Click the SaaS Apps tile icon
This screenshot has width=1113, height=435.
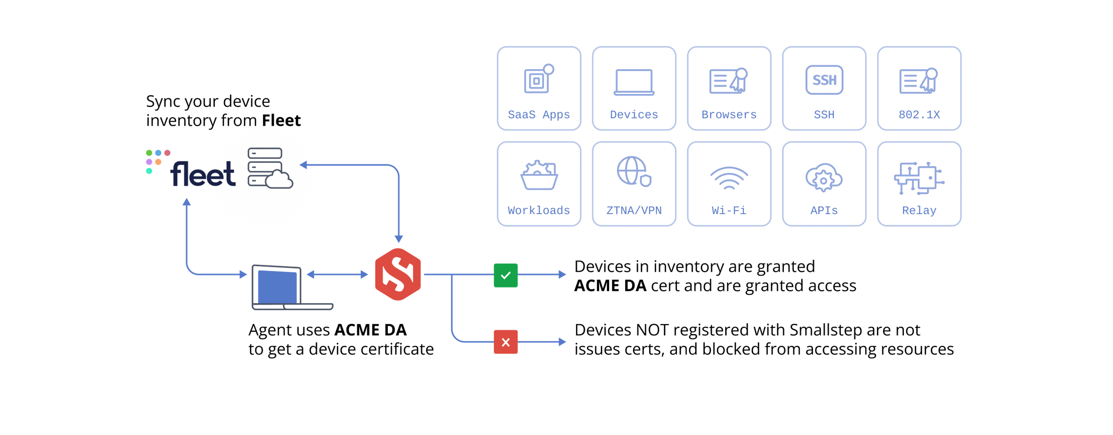click(538, 79)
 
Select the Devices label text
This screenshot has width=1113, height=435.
click(634, 115)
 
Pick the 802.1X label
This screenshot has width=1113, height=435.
click(919, 115)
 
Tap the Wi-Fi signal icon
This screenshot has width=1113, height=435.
click(729, 178)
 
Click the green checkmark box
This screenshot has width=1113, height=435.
click(505, 275)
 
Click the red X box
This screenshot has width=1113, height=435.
click(505, 342)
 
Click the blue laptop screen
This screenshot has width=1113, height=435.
click(277, 286)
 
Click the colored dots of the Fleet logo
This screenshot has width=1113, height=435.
click(156, 160)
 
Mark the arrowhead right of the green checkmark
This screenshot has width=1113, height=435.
click(562, 275)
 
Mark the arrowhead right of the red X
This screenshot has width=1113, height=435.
click(562, 342)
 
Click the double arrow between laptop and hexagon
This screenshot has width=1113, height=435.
click(337, 274)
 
